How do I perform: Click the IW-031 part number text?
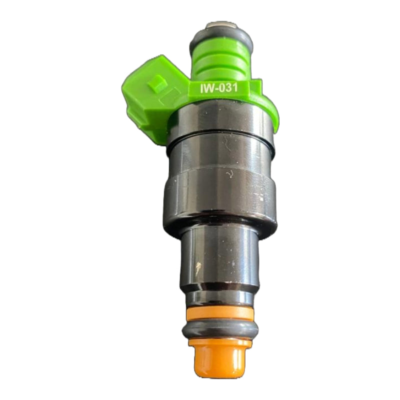coord(219,88)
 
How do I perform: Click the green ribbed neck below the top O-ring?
coord(220,62)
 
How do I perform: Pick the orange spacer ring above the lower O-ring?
coord(220,313)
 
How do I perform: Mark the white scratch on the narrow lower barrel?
coord(197,269)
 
